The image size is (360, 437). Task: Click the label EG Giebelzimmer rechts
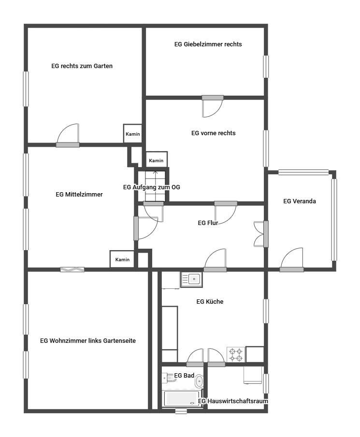208,44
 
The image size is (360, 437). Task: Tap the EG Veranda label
300,201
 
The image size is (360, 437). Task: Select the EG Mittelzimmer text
79,195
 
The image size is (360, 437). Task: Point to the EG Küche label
210,301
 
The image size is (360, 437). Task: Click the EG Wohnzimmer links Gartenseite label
88,341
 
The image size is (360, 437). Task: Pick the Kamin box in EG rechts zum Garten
133,133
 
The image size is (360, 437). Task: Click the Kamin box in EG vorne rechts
157,160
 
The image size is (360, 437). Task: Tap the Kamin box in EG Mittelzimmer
122,259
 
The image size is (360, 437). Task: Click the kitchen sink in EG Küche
191,280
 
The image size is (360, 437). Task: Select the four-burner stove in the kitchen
236,354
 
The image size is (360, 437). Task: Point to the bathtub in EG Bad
182,399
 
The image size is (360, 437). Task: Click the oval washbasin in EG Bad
199,381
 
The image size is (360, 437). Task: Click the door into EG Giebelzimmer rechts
213,106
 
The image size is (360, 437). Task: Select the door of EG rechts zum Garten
68,136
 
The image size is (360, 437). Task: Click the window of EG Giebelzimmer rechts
266,67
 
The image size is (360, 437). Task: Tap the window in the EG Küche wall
266,311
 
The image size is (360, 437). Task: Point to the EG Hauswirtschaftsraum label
233,401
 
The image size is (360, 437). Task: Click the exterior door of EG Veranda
292,259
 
